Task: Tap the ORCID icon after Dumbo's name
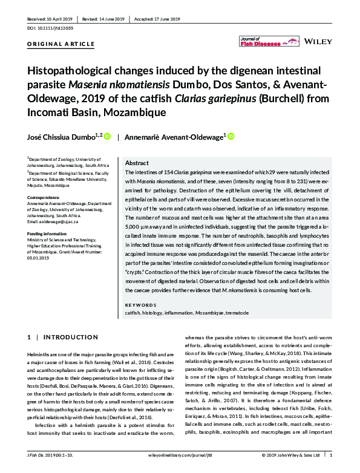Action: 107,137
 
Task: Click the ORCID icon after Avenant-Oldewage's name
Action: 231,137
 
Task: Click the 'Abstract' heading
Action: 136,163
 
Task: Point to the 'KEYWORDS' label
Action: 140,305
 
